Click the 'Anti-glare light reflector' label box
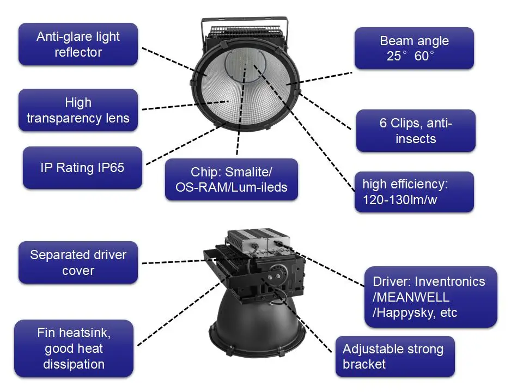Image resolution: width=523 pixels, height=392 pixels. pos(78,45)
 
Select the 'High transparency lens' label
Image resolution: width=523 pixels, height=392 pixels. pos(78,110)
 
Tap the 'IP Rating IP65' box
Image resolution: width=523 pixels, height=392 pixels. pos(82,168)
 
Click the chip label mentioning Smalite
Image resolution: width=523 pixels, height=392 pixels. pos(231,180)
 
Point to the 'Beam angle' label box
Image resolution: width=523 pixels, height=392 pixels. pos(414,48)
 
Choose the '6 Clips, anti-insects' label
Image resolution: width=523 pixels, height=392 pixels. pos(416,131)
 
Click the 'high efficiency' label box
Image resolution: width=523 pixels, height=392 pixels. pos(414,192)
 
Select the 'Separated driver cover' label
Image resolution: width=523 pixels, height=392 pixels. pos(78,263)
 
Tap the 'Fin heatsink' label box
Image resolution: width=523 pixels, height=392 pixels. pos(74,348)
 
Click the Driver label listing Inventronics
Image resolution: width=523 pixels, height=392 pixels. pos(430,297)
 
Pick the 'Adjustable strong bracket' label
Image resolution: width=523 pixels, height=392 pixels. pos(394,357)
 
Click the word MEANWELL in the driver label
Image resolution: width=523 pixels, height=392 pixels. pos(411,297)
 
